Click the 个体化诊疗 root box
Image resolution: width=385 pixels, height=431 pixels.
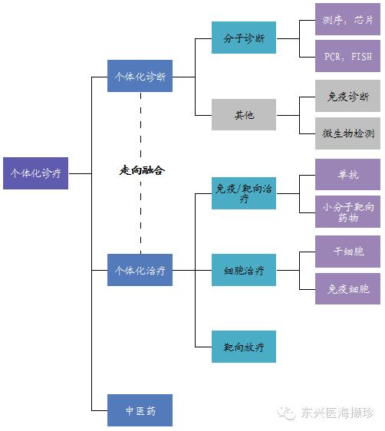pos(36,173)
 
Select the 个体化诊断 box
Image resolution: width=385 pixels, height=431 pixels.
pos(140,76)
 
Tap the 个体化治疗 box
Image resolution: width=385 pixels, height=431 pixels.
pos(140,270)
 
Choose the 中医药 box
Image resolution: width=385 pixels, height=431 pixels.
pos(140,410)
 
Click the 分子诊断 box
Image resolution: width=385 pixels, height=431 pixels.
pos(244,38)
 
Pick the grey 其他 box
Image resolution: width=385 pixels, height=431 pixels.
pos(244,114)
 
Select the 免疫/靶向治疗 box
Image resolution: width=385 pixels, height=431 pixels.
pos(244,193)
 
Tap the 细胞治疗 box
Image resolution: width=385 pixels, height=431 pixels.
pos(244,270)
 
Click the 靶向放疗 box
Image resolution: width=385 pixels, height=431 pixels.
pos(244,347)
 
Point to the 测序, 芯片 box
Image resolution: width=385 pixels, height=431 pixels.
pos(347,19)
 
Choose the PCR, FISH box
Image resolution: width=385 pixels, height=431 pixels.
pos(347,56)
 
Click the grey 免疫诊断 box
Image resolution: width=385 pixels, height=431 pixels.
pos(347,96)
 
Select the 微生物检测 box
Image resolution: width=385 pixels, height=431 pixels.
pos(347,133)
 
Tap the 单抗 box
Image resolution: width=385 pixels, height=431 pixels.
pos(347,174)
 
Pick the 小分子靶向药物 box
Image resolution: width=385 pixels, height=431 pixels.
pos(347,212)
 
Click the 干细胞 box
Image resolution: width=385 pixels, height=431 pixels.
pos(347,252)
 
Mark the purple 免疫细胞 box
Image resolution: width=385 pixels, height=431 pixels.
pos(347,288)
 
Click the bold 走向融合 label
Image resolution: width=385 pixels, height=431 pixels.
pos(142,170)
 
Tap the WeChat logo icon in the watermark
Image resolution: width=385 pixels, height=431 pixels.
pos(286,413)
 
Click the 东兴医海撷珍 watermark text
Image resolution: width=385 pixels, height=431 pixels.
pos(337,413)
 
